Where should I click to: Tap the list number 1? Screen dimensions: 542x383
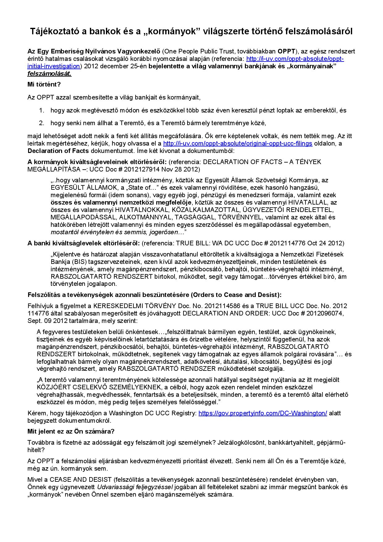click(x=42, y=110)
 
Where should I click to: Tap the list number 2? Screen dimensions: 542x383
click(x=42, y=123)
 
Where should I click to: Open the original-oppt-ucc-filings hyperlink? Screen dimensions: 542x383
click(x=238, y=143)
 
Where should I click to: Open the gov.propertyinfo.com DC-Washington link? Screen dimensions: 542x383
click(x=263, y=413)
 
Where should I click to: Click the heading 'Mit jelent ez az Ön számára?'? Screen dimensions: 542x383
click(x=71, y=431)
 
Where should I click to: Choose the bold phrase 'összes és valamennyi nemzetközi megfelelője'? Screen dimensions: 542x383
click(x=121, y=203)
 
